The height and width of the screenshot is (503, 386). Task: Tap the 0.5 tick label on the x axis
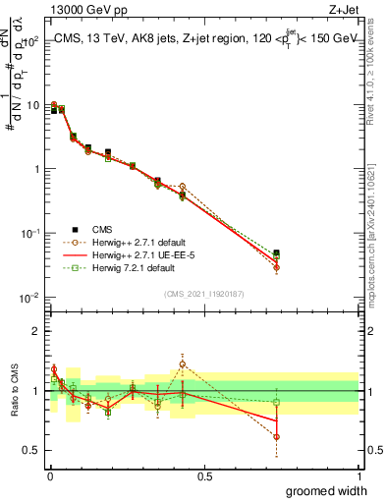pos(204,476)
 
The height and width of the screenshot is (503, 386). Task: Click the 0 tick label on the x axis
pos(50,476)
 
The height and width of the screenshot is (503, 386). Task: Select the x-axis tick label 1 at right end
pos(358,476)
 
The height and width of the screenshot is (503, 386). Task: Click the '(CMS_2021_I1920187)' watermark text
pos(203,293)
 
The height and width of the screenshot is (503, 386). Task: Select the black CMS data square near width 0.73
pos(277,253)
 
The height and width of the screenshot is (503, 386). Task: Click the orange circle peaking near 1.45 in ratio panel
pos(182,364)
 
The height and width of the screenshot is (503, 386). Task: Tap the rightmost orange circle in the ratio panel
pos(277,436)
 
